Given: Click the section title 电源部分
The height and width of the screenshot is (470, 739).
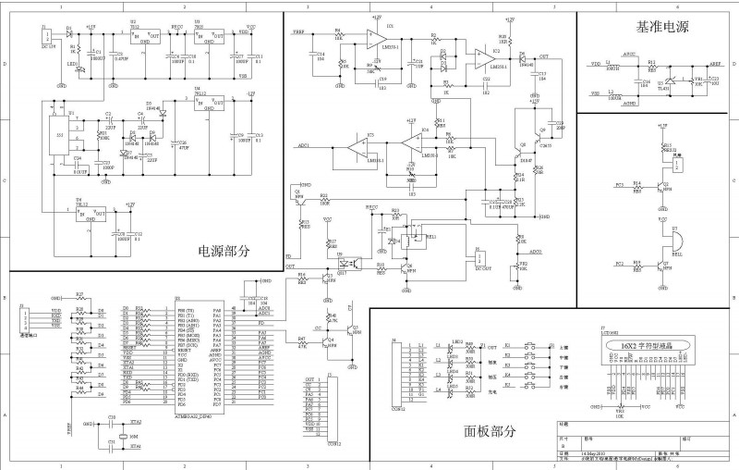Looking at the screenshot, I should [224, 251].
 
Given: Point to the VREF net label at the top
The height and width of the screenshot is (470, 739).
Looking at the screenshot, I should [299, 33].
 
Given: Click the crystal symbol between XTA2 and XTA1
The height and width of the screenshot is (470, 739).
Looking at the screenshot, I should [124, 436].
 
